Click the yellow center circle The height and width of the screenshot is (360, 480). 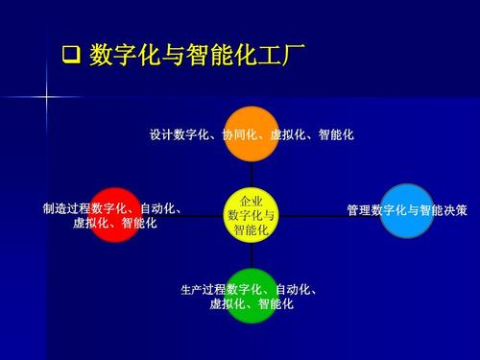click(x=252, y=216)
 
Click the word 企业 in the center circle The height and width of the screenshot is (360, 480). click(x=252, y=202)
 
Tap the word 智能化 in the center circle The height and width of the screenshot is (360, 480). click(x=252, y=230)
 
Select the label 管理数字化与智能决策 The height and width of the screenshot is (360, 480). click(x=406, y=209)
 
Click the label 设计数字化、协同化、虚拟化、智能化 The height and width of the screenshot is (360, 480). click(x=252, y=135)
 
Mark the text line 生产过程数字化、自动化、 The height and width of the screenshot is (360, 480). click(x=251, y=290)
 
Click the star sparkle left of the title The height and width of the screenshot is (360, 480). click(x=46, y=95)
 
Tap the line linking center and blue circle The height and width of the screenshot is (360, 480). click(x=317, y=216)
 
